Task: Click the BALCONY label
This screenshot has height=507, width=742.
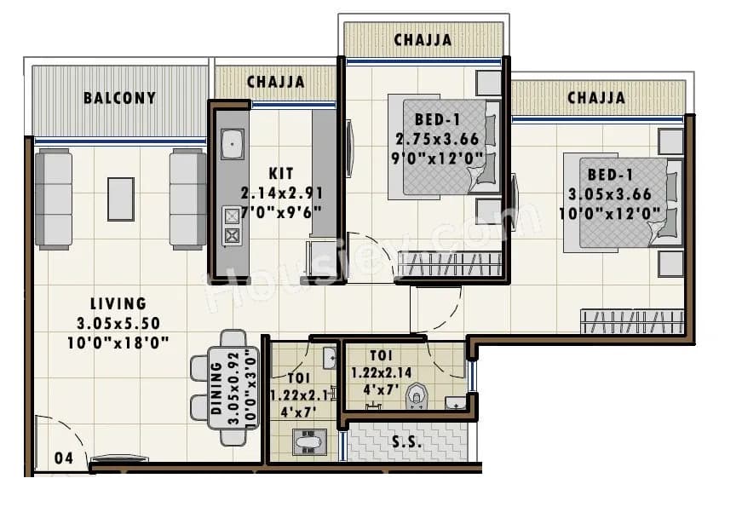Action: click(x=119, y=97)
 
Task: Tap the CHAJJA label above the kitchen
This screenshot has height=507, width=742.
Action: click(x=275, y=82)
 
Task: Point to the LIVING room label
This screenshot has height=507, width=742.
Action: click(x=118, y=303)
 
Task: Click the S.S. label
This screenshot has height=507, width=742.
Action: click(x=406, y=443)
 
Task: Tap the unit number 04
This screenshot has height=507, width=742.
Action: click(x=63, y=458)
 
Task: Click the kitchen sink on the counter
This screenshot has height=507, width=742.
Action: click(x=232, y=144)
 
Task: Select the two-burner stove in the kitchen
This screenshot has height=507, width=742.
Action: click(x=232, y=226)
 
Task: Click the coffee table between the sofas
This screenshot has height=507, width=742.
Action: click(x=120, y=199)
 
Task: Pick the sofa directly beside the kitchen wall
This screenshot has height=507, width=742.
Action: click(x=187, y=199)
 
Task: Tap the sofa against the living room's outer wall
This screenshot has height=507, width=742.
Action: click(x=53, y=199)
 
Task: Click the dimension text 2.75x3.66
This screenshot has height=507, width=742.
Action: click(x=436, y=138)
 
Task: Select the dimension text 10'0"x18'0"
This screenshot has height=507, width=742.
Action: click(x=118, y=342)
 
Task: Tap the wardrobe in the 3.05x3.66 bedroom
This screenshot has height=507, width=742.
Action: click(x=631, y=321)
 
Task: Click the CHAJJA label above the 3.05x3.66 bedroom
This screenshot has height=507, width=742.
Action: click(x=596, y=98)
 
